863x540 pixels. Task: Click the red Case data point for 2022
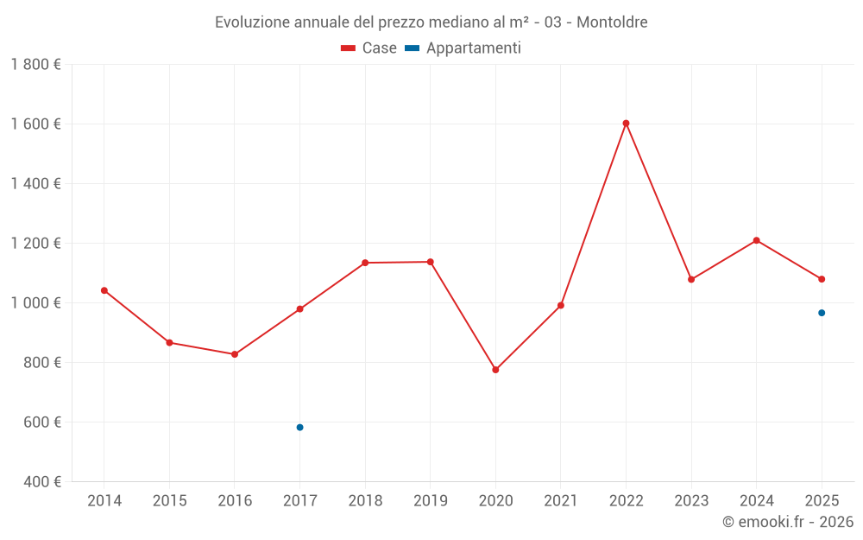click(626, 124)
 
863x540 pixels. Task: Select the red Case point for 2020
click(495, 370)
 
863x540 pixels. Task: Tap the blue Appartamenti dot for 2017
click(299, 428)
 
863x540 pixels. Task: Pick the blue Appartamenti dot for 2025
click(822, 313)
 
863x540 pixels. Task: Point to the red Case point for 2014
click(104, 290)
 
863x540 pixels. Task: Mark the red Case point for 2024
click(756, 240)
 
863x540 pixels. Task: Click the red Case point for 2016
click(235, 354)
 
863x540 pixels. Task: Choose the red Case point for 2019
click(431, 262)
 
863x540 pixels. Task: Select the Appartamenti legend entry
click(473, 48)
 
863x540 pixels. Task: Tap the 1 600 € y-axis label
click(36, 124)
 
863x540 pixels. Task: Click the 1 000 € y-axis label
click(36, 302)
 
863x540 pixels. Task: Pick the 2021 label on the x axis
click(561, 500)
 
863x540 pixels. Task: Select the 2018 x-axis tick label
click(365, 500)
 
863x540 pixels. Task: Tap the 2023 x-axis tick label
click(691, 500)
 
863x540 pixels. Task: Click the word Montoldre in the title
click(612, 22)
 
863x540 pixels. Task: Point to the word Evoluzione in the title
click(252, 22)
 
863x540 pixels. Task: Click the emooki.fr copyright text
click(787, 522)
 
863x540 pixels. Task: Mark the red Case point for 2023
click(691, 279)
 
